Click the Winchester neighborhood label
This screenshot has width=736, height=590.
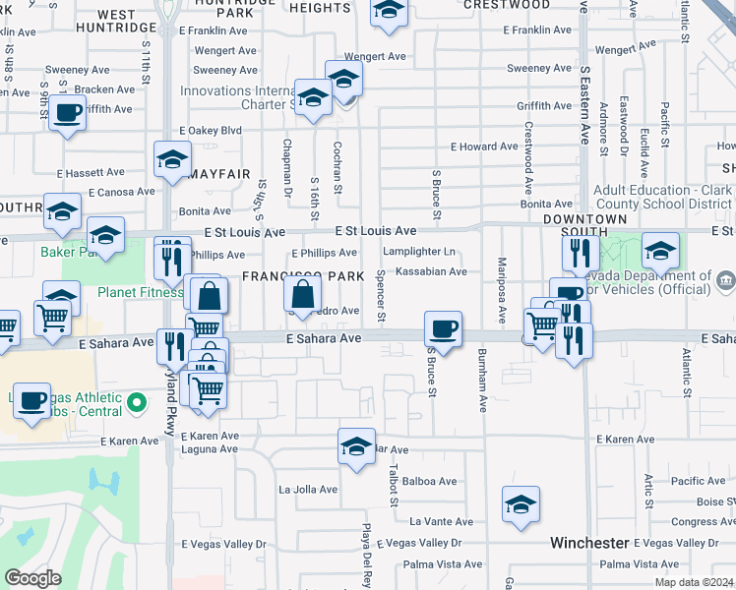point(589,543)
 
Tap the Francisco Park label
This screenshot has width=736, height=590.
point(303,276)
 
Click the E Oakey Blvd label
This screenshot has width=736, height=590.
point(210,130)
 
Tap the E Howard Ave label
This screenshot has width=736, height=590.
point(484,147)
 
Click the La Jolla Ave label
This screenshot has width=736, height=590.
point(308,489)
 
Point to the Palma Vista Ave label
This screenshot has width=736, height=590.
point(639,563)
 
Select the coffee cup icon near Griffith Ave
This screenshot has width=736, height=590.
point(68,113)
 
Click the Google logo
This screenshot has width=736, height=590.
point(33,578)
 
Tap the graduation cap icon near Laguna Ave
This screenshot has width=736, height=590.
point(356,445)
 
